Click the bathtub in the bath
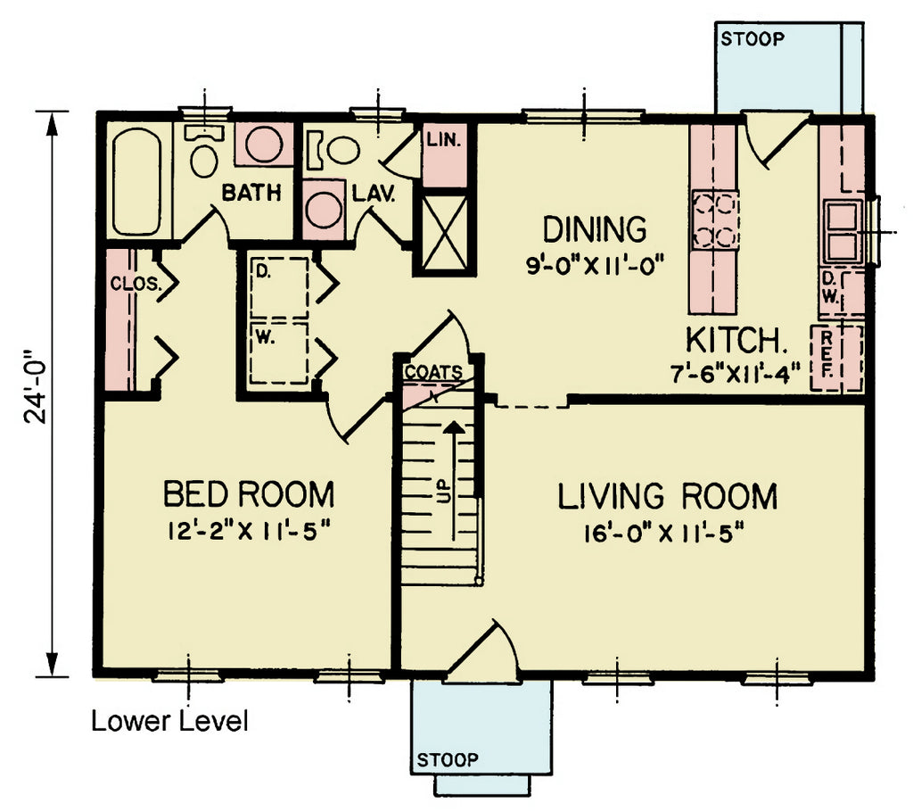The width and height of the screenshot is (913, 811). point(137,181)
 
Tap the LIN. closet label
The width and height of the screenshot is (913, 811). point(444,140)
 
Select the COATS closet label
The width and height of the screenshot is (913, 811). point(434,372)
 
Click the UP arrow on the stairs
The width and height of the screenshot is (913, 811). point(454,481)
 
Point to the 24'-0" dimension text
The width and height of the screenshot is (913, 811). point(35,387)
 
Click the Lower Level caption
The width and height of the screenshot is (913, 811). point(169,721)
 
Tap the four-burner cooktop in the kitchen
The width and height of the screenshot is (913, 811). point(714,220)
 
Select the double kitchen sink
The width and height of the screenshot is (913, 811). point(843,231)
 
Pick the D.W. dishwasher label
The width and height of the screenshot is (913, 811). point(830,289)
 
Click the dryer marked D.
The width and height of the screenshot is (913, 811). point(279,287)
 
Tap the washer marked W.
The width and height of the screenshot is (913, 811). point(279,353)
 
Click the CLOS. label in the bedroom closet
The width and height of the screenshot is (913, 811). point(136,284)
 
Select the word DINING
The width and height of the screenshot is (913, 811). point(595,229)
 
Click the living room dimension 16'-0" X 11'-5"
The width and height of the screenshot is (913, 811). point(665,533)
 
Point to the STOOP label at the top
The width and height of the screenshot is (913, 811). point(753,39)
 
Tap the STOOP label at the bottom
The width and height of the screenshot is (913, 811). point(448,760)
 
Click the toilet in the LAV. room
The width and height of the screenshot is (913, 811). point(334,150)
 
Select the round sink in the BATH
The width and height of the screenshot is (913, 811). point(264,144)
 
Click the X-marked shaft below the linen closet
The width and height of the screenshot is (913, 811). point(445,232)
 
